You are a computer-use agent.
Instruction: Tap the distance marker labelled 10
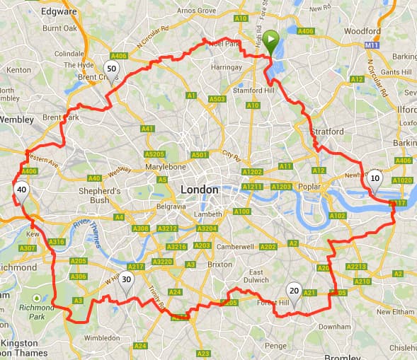[375, 180]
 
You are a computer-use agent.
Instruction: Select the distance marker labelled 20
[294, 291]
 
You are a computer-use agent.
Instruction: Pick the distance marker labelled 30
[125, 279]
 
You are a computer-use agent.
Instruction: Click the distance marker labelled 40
[22, 190]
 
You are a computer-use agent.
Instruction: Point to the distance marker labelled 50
[110, 68]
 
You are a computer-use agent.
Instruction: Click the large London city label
[200, 190]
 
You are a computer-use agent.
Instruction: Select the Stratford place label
[326, 132]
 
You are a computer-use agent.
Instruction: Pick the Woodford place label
[362, 31]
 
